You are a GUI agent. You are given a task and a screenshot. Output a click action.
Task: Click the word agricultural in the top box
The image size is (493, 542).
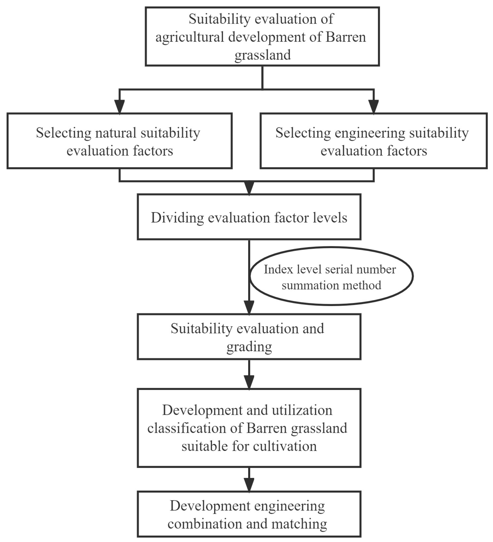point(190,37)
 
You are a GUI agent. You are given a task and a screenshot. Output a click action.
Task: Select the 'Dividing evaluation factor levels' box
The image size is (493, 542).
point(249,217)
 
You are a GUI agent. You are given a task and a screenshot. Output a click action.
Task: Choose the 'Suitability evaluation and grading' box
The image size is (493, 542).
point(249,337)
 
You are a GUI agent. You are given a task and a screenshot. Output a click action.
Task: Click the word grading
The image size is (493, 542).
point(249,347)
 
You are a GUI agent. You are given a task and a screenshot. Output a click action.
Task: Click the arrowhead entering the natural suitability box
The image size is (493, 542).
point(119,107)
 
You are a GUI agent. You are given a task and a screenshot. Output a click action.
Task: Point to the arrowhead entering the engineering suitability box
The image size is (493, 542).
point(373,107)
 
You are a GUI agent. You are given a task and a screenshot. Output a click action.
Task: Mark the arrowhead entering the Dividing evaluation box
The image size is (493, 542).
point(249,187)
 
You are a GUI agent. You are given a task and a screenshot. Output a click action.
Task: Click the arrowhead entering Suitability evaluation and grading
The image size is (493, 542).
point(249,307)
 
